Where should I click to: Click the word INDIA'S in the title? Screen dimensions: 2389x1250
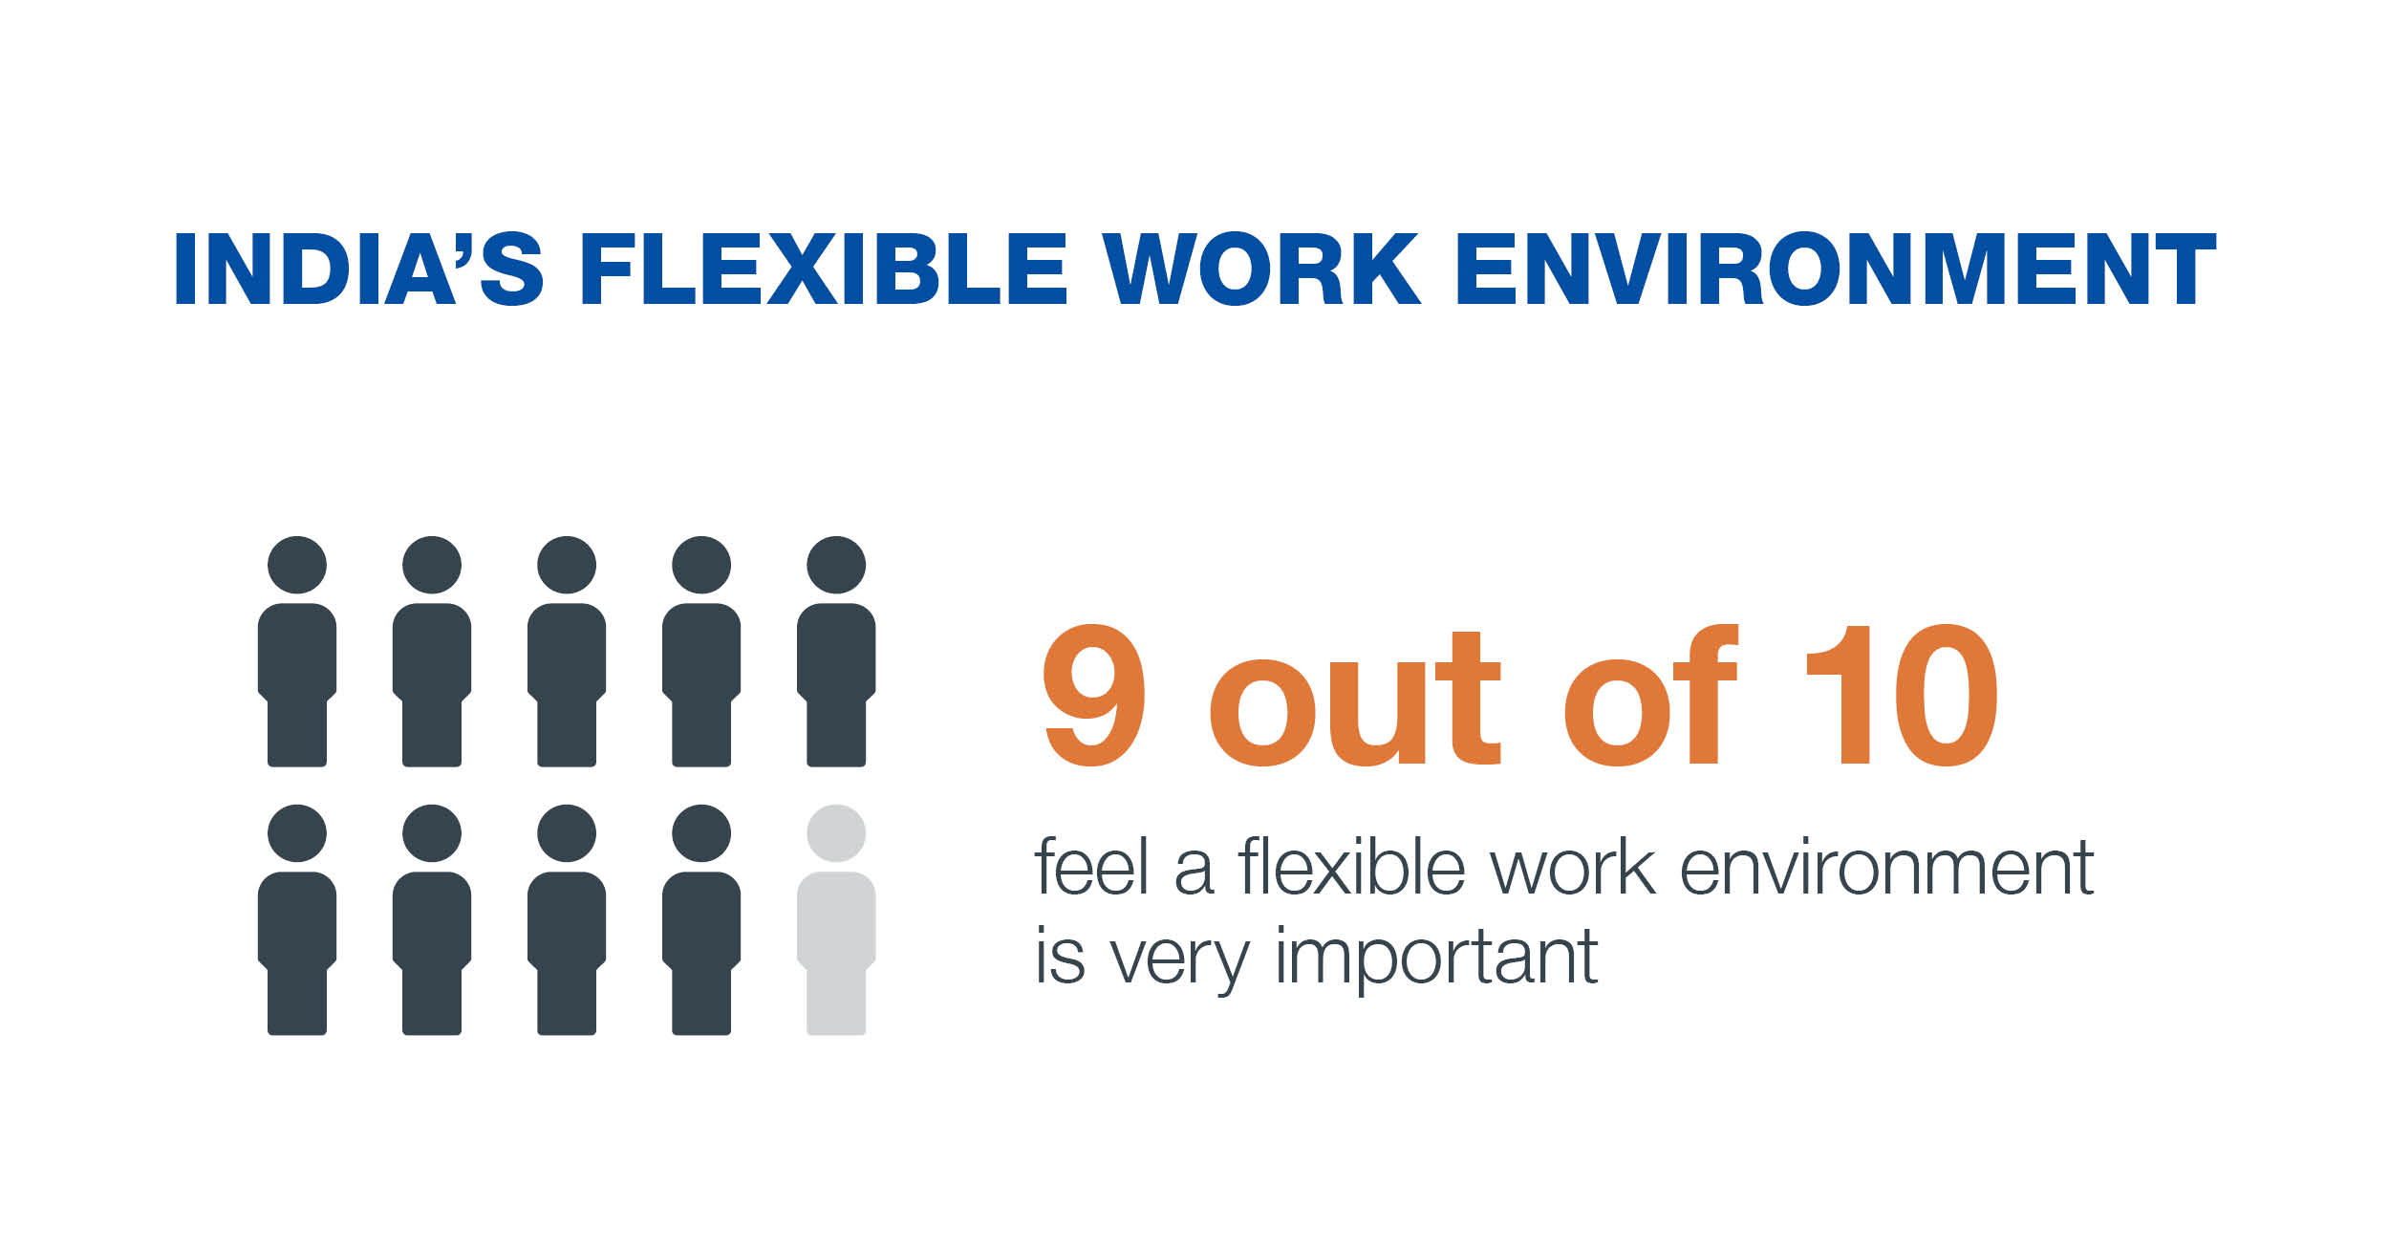359,269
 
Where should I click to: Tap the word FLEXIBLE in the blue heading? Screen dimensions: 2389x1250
823,269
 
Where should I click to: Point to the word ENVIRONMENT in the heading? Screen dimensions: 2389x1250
1836,269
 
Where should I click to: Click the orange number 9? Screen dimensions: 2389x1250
1094,695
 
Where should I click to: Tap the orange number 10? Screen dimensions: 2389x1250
1902,695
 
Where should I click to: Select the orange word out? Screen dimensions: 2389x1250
1355,699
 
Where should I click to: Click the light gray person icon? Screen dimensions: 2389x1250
836,919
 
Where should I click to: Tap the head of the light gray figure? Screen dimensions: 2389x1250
836,833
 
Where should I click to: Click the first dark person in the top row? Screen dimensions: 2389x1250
297,651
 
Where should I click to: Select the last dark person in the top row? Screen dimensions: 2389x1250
836,651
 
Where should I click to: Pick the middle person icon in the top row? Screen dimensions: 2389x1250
567,651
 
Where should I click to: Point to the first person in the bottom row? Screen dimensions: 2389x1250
297,919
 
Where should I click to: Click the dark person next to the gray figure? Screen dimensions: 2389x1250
701,919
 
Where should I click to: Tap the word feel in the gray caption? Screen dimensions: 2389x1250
1091,866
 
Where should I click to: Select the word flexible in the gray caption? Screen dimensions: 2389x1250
1351,866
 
